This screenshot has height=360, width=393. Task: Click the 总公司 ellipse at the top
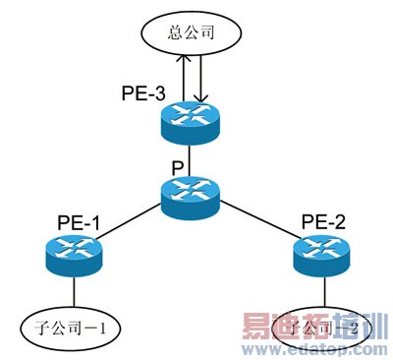pyautogui.click(x=192, y=35)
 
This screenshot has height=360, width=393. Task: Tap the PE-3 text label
pyautogui.click(x=143, y=93)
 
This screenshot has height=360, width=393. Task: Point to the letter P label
pyautogui.click(x=177, y=168)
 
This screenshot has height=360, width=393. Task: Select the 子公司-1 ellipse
pyautogui.click(x=70, y=329)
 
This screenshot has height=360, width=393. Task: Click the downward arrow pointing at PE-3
pyautogui.click(x=201, y=79)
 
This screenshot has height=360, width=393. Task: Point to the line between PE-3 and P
pyautogui.click(x=191, y=157)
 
